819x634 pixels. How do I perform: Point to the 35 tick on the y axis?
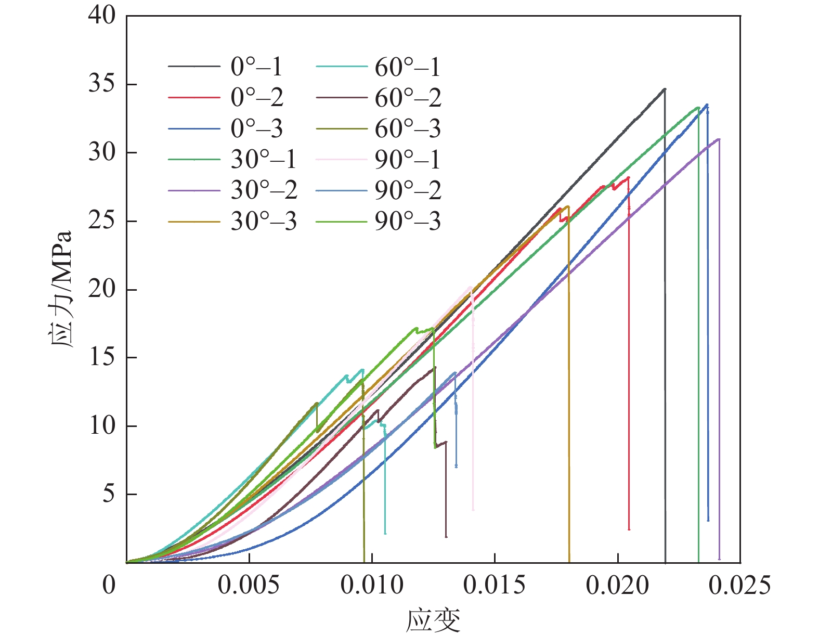click(102, 84)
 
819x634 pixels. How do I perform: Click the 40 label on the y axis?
click(102, 15)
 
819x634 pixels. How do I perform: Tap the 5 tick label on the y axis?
click(108, 494)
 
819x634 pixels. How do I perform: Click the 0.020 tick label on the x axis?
click(617, 586)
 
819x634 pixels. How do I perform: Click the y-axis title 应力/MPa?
click(61, 289)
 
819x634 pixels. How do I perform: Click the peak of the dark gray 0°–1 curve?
click(664, 89)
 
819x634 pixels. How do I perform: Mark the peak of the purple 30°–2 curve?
click(719, 139)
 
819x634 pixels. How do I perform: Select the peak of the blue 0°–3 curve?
click(707, 105)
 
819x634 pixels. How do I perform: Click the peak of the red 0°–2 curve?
click(628, 177)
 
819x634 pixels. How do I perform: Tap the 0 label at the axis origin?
click(109, 586)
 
